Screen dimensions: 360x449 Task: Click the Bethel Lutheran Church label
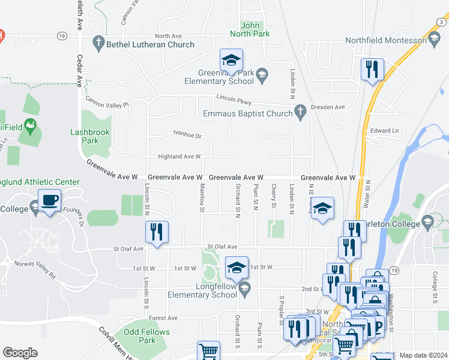click(x=150, y=44)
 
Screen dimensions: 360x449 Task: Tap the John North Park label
click(x=255, y=29)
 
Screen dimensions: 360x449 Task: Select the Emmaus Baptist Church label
click(x=247, y=113)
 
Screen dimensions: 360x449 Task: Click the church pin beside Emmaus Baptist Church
click(x=301, y=110)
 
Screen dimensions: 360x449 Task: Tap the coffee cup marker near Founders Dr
click(x=49, y=200)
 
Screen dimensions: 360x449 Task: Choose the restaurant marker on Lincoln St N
click(x=157, y=232)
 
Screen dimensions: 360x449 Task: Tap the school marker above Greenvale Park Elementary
click(x=231, y=60)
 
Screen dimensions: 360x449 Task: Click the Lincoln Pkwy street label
click(x=234, y=100)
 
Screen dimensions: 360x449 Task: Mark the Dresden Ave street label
click(x=331, y=107)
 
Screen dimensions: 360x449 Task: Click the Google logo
click(x=20, y=353)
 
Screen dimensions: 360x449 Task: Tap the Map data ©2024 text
click(x=423, y=355)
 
